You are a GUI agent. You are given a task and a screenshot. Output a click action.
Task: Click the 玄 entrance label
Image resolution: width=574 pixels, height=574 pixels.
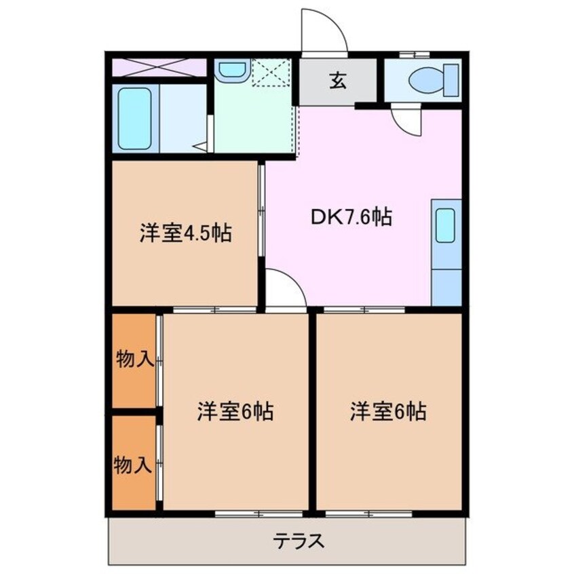[337, 81]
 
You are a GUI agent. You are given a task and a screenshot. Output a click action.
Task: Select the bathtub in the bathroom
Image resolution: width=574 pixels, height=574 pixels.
[134, 119]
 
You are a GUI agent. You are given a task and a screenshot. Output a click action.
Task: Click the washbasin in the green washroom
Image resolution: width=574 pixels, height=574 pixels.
[233, 70]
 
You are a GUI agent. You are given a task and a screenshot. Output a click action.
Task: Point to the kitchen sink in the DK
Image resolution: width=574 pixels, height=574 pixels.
[445, 226]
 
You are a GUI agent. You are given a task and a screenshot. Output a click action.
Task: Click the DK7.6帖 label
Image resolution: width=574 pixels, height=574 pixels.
[351, 217]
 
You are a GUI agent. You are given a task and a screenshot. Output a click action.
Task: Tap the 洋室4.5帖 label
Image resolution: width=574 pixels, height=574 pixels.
[185, 233]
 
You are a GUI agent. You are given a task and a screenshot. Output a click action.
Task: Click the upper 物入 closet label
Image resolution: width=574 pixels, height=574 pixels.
[134, 360]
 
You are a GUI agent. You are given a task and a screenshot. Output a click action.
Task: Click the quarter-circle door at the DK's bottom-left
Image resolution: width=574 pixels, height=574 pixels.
[284, 289]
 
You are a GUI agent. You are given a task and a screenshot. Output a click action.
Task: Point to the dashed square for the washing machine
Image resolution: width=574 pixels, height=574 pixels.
[271, 73]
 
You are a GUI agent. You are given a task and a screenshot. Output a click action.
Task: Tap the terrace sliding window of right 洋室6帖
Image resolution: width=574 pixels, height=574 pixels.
[369, 514]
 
